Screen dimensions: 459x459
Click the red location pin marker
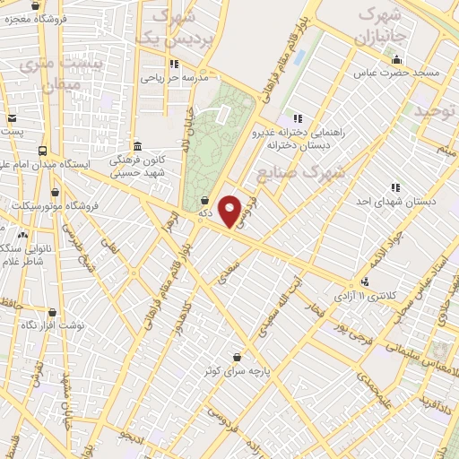[x=231, y=211]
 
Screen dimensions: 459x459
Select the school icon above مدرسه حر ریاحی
[x=174, y=64]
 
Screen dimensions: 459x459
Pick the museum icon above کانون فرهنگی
[x=136, y=146]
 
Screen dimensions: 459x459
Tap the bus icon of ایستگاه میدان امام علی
[x=43, y=151]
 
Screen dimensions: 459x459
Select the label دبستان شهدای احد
[x=394, y=202]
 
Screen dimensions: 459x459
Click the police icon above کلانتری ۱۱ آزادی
[x=364, y=281]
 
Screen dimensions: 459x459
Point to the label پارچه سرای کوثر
[x=237, y=369]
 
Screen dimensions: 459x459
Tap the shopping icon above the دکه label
[x=206, y=200]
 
